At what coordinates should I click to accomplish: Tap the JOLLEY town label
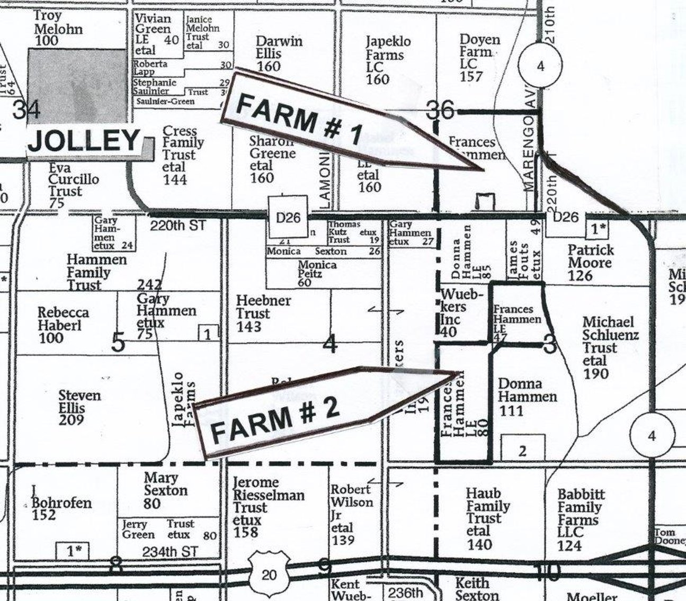click(84, 141)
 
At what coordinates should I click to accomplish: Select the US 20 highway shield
click(269, 574)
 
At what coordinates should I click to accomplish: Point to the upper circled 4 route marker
click(540, 66)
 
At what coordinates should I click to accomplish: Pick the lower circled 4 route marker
click(651, 436)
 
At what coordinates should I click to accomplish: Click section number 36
click(440, 111)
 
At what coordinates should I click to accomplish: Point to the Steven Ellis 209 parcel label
click(79, 407)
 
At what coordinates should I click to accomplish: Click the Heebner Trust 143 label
click(263, 313)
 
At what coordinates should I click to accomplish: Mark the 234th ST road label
click(170, 552)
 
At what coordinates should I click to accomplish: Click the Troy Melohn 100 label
click(58, 29)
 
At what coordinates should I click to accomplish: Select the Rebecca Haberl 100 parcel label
click(63, 325)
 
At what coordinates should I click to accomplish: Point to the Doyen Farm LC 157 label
click(479, 58)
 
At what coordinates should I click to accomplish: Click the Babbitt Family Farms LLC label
click(581, 519)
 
